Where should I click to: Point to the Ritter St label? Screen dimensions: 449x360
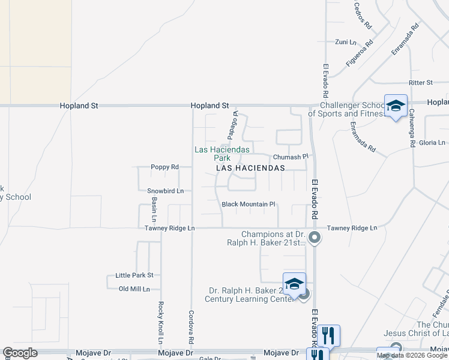tap(420, 82)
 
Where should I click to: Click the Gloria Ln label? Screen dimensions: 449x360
tap(432, 143)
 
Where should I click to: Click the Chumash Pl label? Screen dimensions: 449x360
tap(290, 157)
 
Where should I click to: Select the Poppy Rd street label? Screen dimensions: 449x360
tap(164, 167)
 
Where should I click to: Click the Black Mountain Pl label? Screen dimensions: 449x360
tap(248, 204)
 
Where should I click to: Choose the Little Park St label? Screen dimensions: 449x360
tap(134, 275)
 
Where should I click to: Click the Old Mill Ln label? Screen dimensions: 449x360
tap(138, 289)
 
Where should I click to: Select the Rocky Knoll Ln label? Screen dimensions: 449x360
tap(160, 322)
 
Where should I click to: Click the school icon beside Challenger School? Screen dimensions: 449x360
tap(396, 106)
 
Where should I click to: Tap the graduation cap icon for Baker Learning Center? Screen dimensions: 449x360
tap(294, 284)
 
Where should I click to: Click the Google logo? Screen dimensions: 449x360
tap(20, 353)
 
